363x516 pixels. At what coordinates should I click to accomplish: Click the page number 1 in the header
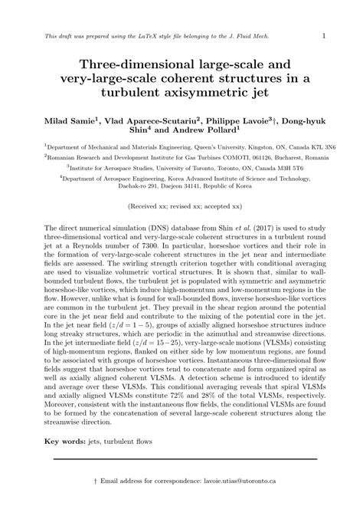pyautogui.click(x=323, y=35)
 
